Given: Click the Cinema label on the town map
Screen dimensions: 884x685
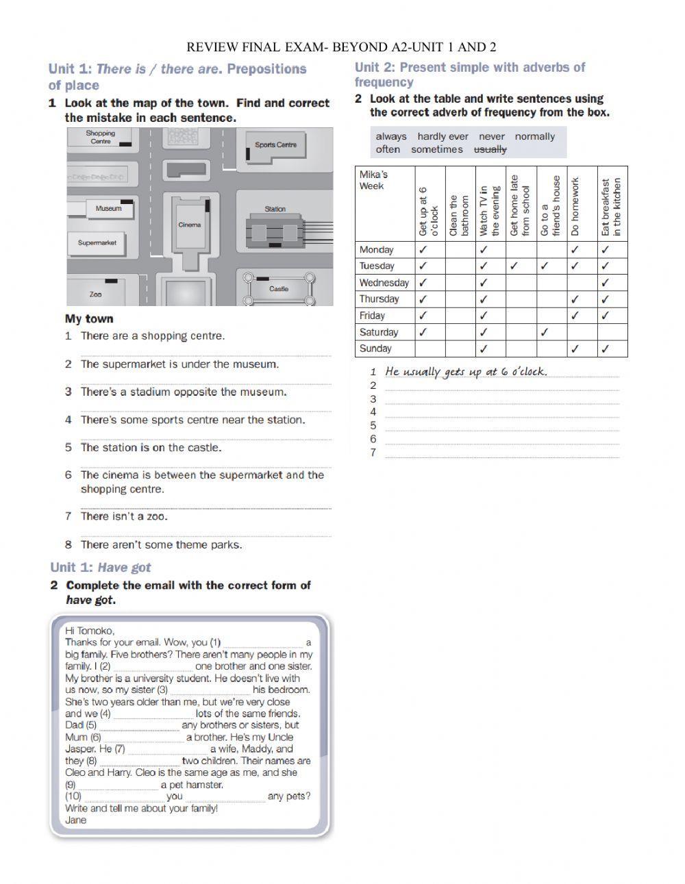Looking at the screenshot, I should pos(190,225).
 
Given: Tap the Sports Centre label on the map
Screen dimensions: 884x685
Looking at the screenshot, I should pos(275,144).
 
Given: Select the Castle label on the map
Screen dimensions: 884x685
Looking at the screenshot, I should pos(279,288).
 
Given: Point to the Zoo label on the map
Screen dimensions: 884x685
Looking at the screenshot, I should pos(95,294).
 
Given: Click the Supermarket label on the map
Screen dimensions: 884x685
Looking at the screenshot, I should pos(97,242).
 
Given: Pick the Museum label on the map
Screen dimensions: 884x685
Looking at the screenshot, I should pos(108,208).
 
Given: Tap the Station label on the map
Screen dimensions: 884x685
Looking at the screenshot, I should pos(275,209).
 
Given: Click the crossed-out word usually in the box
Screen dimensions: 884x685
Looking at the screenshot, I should pos(490,149).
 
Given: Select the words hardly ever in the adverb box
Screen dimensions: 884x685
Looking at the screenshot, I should pos(443,136).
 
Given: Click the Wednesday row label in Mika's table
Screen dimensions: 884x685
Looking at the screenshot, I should pos(384,283).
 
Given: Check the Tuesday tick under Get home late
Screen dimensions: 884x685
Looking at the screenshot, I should pos(514,266).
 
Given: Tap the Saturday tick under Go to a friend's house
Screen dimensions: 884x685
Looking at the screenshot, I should pos(545,332).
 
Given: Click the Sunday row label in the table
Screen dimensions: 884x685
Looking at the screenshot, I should pos(375,349).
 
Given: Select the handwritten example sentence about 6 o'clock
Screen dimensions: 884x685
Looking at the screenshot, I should pos(466,372).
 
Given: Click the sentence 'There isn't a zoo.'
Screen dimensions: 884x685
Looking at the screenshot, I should pos(124,516).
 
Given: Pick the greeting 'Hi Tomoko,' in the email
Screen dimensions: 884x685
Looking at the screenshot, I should pos(90,630).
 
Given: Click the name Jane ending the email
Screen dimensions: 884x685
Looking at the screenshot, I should pos(76,820).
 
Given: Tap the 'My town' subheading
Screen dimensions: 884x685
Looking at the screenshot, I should pos(89,318).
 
